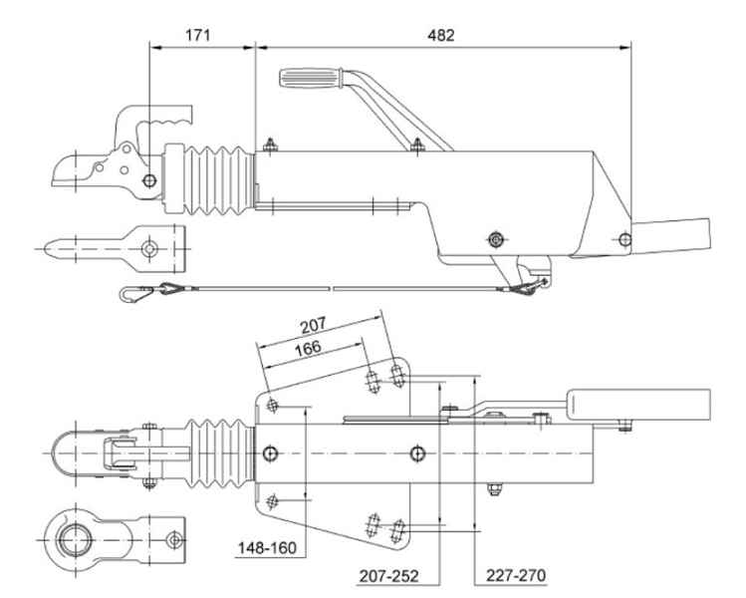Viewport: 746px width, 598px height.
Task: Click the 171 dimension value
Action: pyautogui.click(x=202, y=35)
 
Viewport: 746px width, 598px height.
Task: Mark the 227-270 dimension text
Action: pyautogui.click(x=515, y=576)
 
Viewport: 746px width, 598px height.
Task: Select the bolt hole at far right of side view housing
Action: pyautogui.click(x=623, y=239)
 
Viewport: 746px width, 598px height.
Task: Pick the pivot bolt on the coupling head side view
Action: pyautogui.click(x=148, y=180)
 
